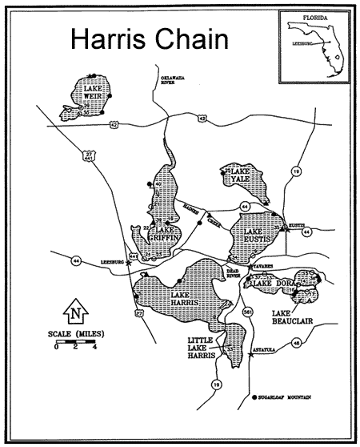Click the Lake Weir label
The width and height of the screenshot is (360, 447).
point(92,93)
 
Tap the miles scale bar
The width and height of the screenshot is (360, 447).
point(76,342)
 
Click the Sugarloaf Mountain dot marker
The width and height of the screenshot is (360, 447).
point(254,397)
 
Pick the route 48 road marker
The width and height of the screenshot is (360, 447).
point(296,343)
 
